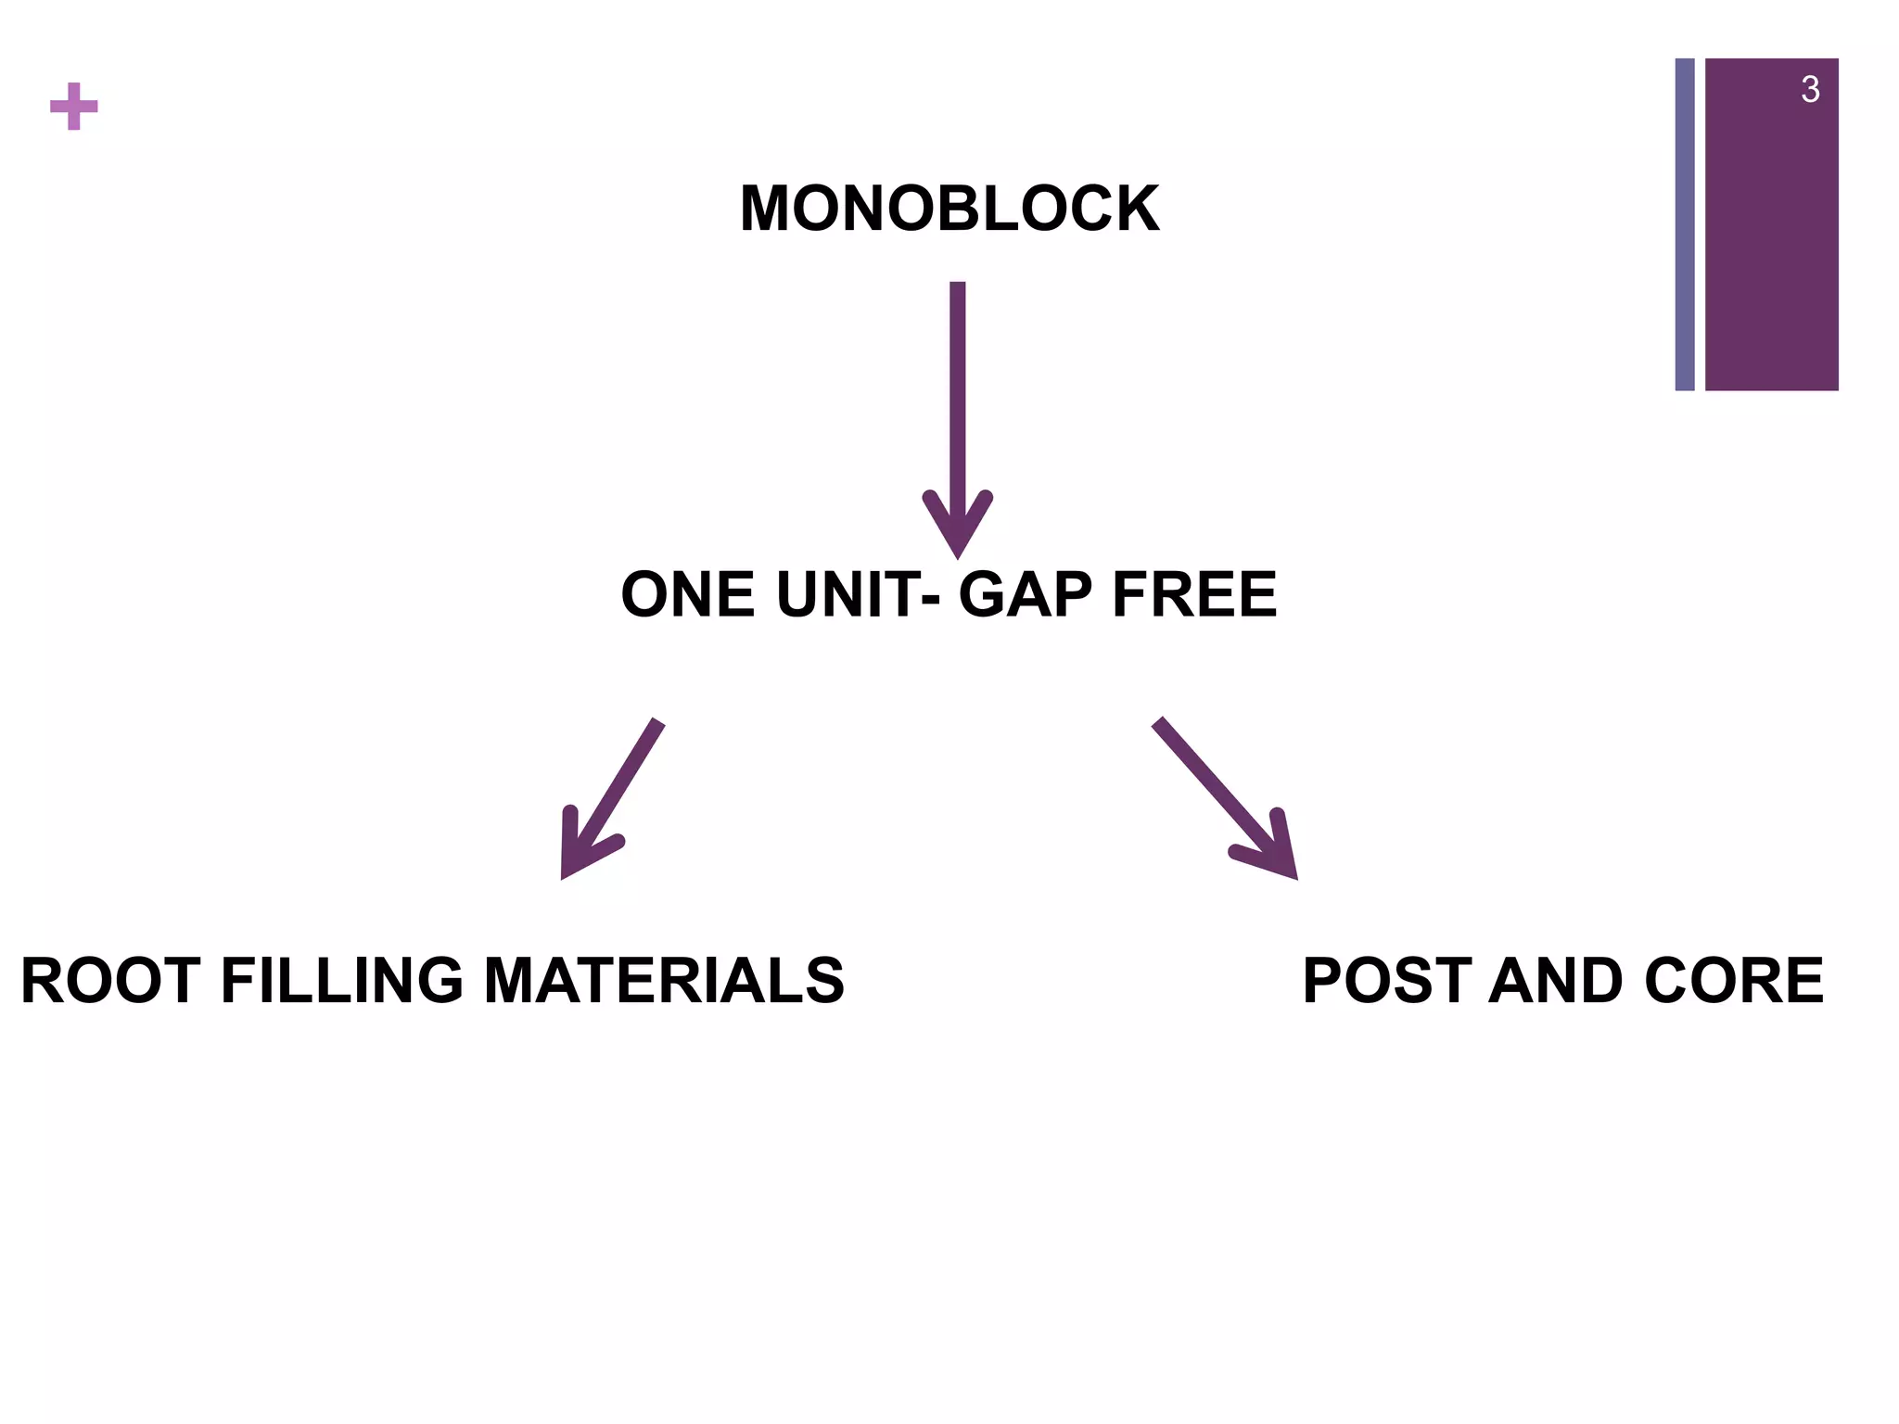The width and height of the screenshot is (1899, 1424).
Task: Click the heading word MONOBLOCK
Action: (x=949, y=209)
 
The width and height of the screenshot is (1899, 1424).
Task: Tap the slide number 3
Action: (x=1809, y=90)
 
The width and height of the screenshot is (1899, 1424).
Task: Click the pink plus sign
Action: (x=73, y=107)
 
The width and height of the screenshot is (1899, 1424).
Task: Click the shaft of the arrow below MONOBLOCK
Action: (x=957, y=389)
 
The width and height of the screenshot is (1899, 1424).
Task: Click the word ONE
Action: (x=687, y=595)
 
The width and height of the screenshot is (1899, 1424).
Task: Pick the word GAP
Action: (x=1025, y=595)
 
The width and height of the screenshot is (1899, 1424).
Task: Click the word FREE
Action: (x=1194, y=595)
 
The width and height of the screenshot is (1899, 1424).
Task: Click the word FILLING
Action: (x=341, y=981)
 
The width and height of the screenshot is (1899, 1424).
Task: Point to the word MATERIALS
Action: (x=664, y=981)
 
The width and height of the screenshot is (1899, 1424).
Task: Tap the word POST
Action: (x=1386, y=981)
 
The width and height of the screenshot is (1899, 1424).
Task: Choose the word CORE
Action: (x=1733, y=981)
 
